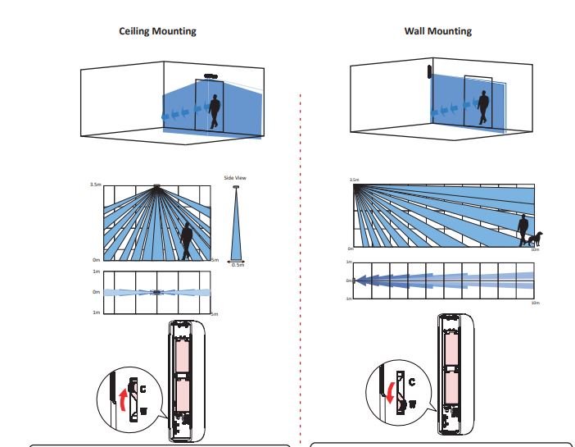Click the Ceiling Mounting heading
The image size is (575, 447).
pos(158,31)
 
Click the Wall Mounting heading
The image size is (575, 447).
pos(438,31)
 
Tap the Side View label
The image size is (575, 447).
pos(235,176)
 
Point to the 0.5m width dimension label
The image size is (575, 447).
pos(238,265)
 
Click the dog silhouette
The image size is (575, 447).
pos(535,239)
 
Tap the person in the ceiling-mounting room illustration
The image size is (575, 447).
pos(215,112)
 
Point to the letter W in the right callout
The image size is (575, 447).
pos(412,404)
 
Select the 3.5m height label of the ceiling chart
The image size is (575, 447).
pos(95,185)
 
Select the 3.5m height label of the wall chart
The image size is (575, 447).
pos(354,180)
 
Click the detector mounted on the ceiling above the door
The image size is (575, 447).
pos(211,76)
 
